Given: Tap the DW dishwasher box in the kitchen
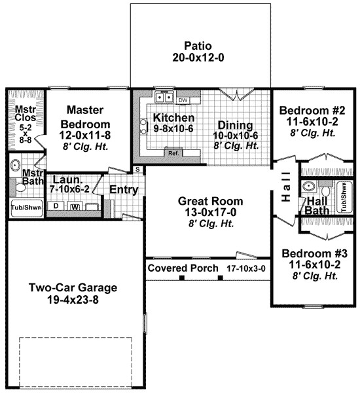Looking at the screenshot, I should (183, 100).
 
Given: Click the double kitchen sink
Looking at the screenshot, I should (163, 99).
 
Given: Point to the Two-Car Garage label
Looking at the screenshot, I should (72, 287).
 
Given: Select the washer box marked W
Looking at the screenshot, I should (75, 207).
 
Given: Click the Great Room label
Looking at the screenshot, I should (210, 201).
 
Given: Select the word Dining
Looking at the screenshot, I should (235, 124).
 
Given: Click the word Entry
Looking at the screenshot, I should (123, 189).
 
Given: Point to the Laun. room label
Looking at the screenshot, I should (65, 179).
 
